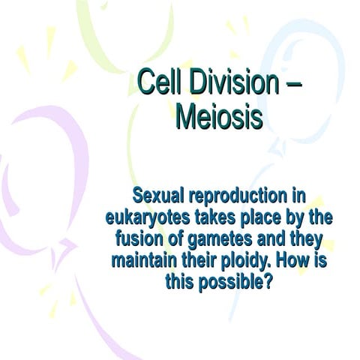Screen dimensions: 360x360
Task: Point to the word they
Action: pos(304,241)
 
